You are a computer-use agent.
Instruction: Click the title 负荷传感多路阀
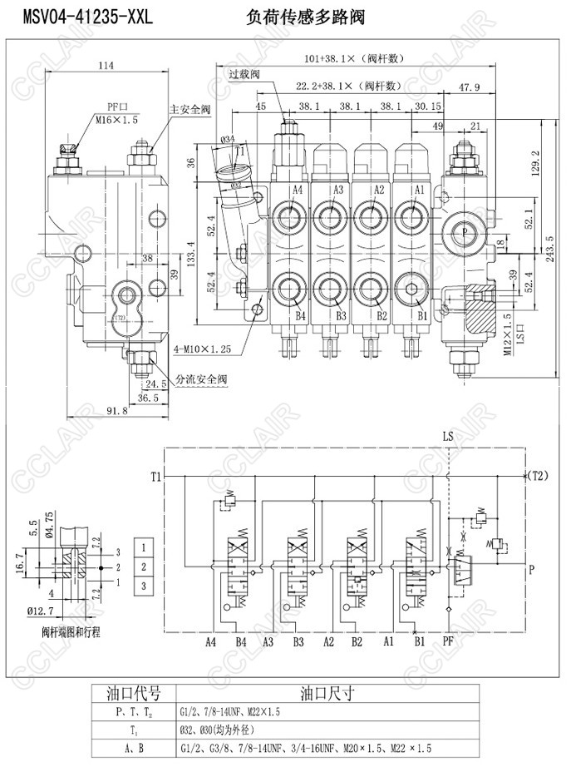(x=306, y=17)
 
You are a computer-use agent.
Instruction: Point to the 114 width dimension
(x=106, y=66)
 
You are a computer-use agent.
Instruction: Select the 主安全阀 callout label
(x=190, y=109)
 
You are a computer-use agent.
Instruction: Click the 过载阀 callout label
(x=244, y=73)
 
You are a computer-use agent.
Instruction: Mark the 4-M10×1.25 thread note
(x=200, y=349)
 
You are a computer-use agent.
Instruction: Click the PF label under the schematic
(x=449, y=641)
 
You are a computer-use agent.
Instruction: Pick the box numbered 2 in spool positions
(x=145, y=567)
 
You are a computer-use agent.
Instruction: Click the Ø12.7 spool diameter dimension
(x=40, y=611)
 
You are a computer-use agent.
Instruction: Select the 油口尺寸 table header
(x=327, y=692)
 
